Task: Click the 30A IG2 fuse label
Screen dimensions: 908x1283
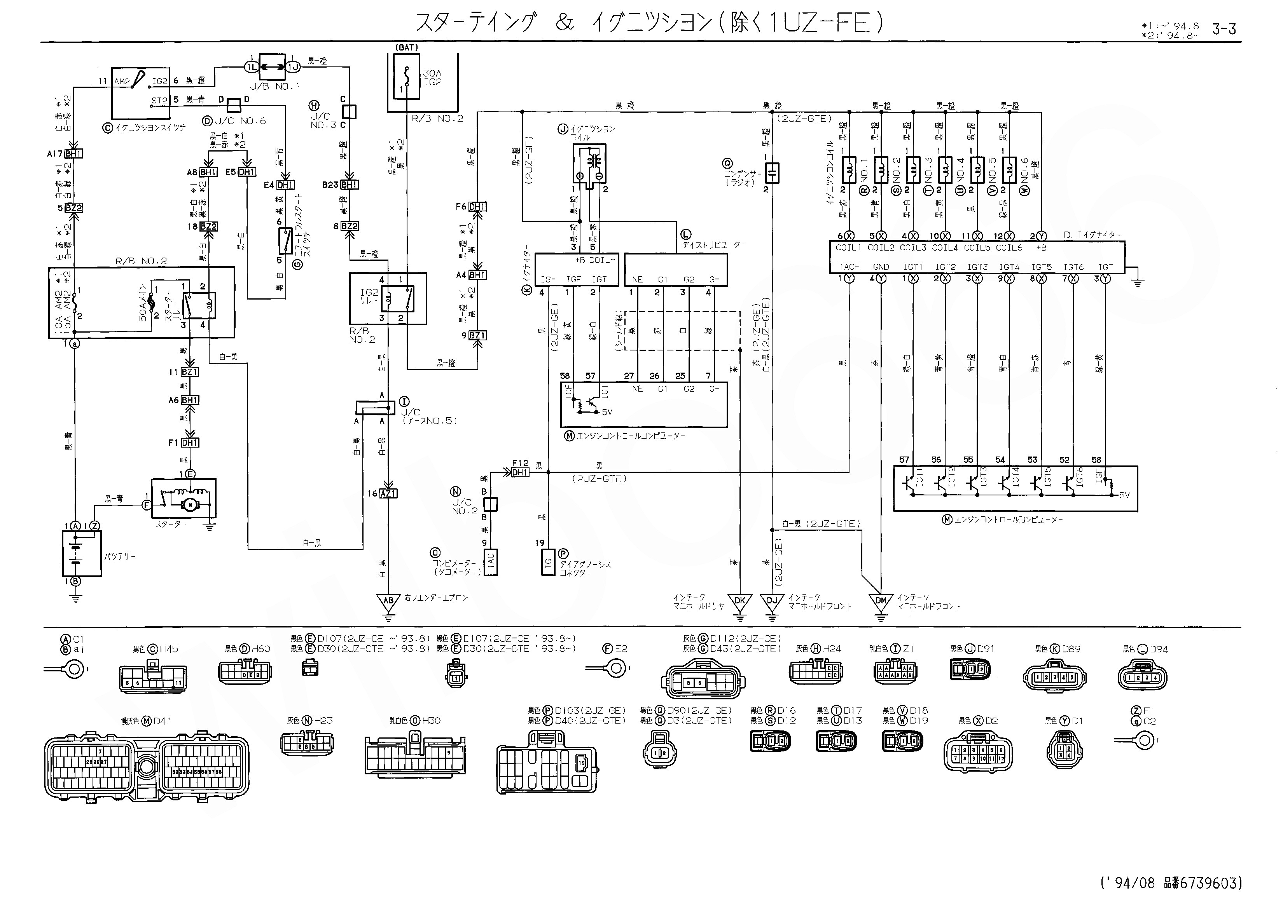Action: click(x=432, y=77)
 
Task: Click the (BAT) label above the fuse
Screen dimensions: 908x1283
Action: click(x=407, y=47)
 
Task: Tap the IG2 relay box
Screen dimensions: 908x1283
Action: click(x=388, y=298)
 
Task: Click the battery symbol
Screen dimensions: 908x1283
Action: click(x=82, y=553)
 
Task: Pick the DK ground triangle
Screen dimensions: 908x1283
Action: click(x=740, y=601)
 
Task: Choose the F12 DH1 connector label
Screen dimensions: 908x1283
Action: click(x=520, y=469)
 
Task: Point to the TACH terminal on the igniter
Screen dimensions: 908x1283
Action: click(x=849, y=267)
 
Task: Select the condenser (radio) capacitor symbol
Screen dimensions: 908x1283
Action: click(x=772, y=173)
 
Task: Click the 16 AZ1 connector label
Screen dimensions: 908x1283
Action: click(x=383, y=494)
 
